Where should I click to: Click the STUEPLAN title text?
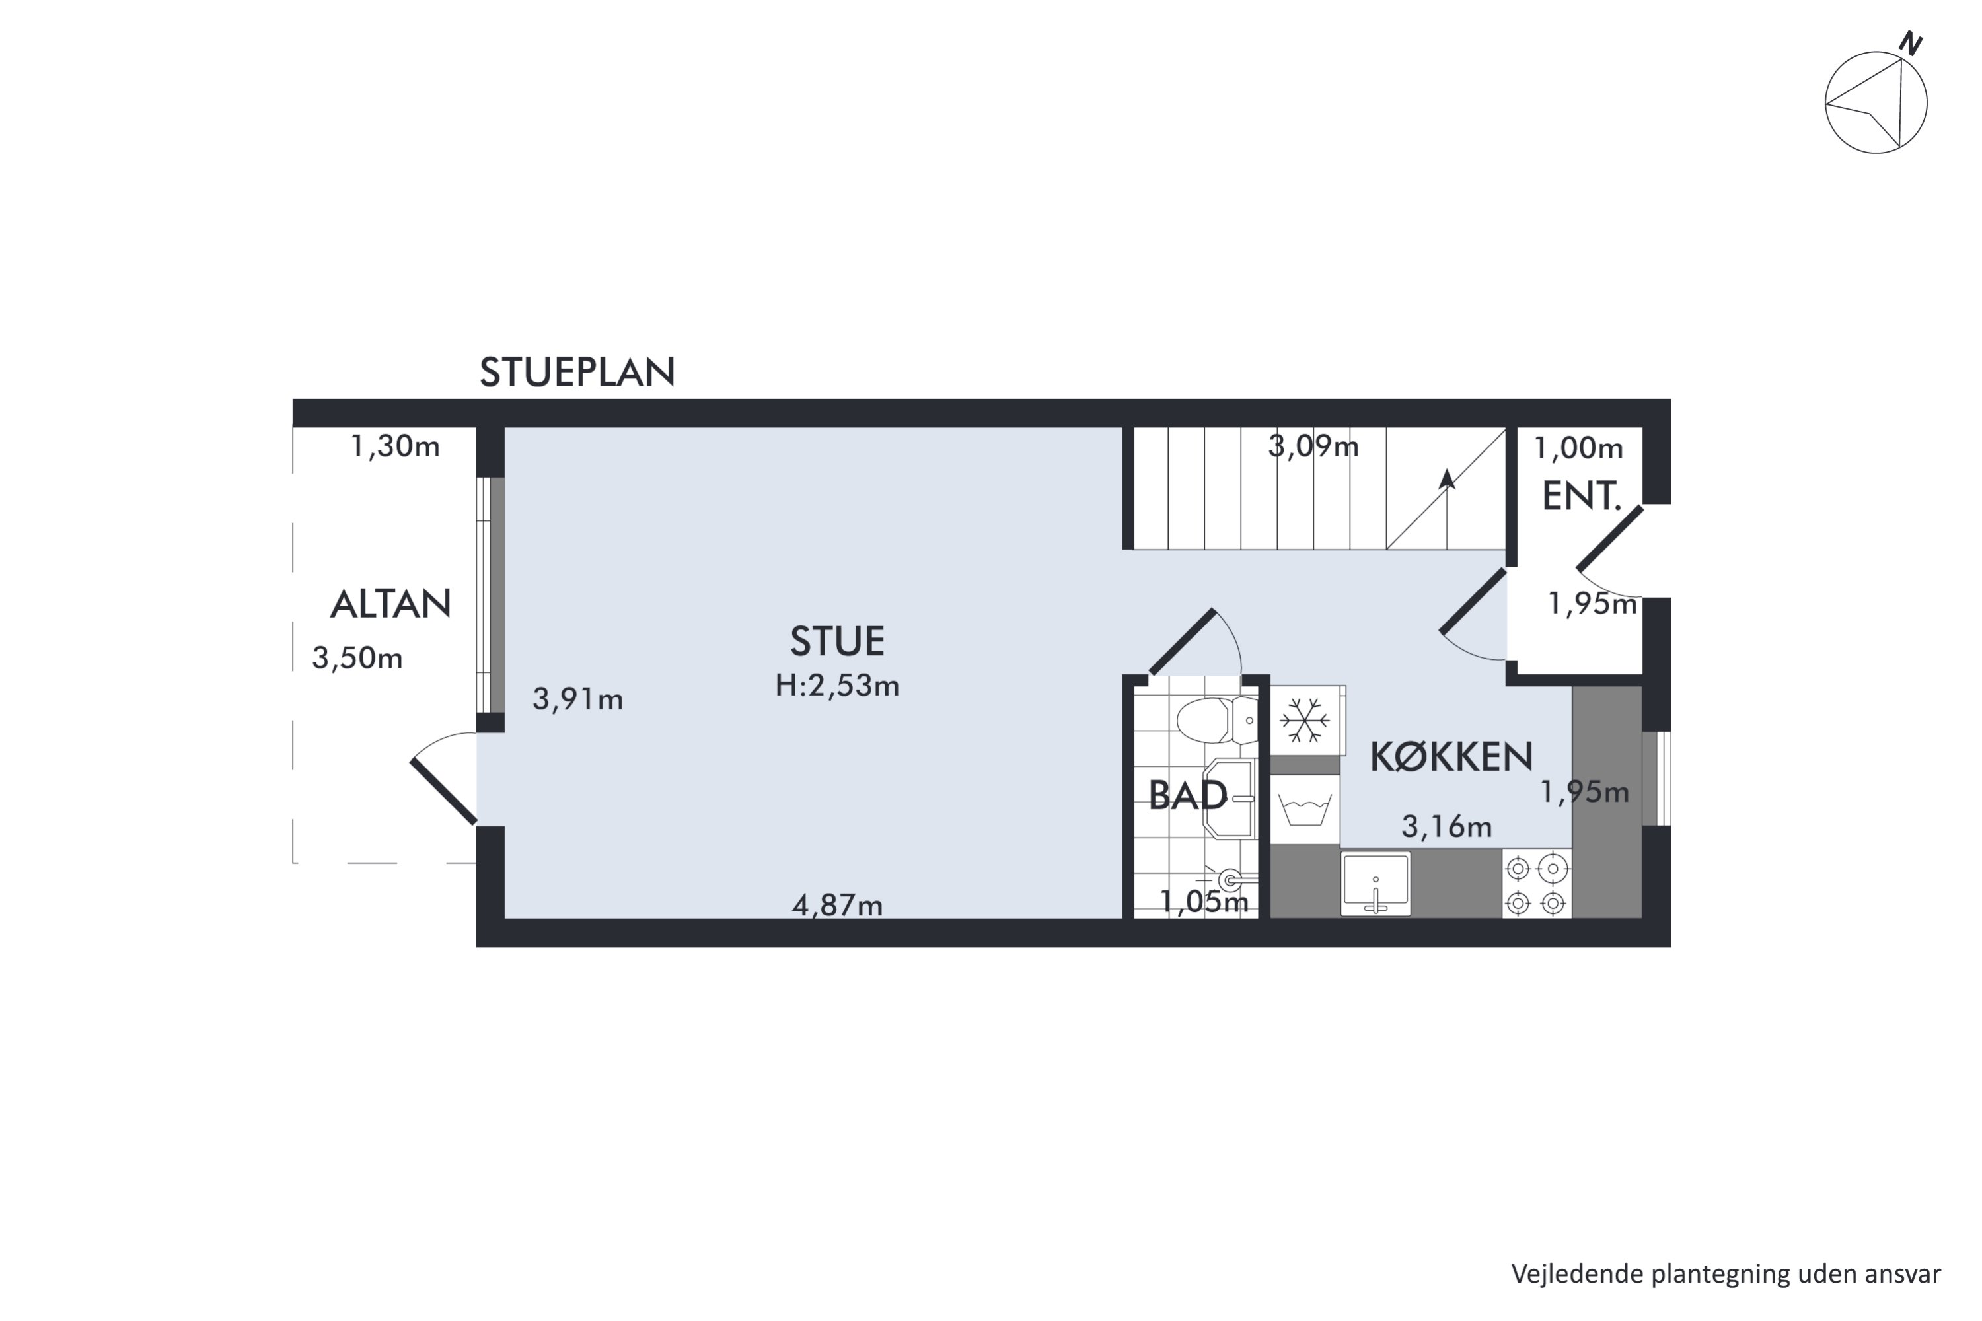pyautogui.click(x=577, y=371)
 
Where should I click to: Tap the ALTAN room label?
pyautogui.click(x=390, y=604)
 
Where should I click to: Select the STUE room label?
pyautogui.click(x=837, y=641)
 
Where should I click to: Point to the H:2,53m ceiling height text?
pyautogui.click(x=837, y=686)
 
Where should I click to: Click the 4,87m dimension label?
pyautogui.click(x=837, y=905)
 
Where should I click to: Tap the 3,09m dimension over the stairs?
pyautogui.click(x=1313, y=446)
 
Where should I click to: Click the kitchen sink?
pyautogui.click(x=1376, y=883)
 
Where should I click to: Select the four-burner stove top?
pyautogui.click(x=1535, y=884)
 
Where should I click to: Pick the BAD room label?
pyautogui.click(x=1187, y=795)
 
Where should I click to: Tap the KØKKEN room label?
pyautogui.click(x=1451, y=756)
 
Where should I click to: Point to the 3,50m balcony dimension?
pyautogui.click(x=357, y=657)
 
